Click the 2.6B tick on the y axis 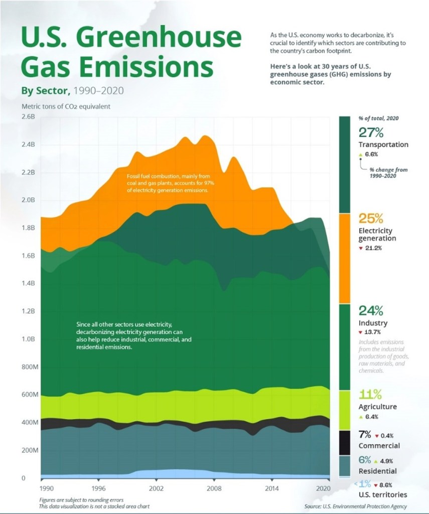click(x=28, y=116)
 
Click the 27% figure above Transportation click(x=371, y=133)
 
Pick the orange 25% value click(x=371, y=219)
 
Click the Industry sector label click(x=373, y=323)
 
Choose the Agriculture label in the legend click(x=377, y=407)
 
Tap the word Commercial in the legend click(x=379, y=446)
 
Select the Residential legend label click(x=377, y=471)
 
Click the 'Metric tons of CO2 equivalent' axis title click(x=66, y=106)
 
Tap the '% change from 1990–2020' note click(x=388, y=173)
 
